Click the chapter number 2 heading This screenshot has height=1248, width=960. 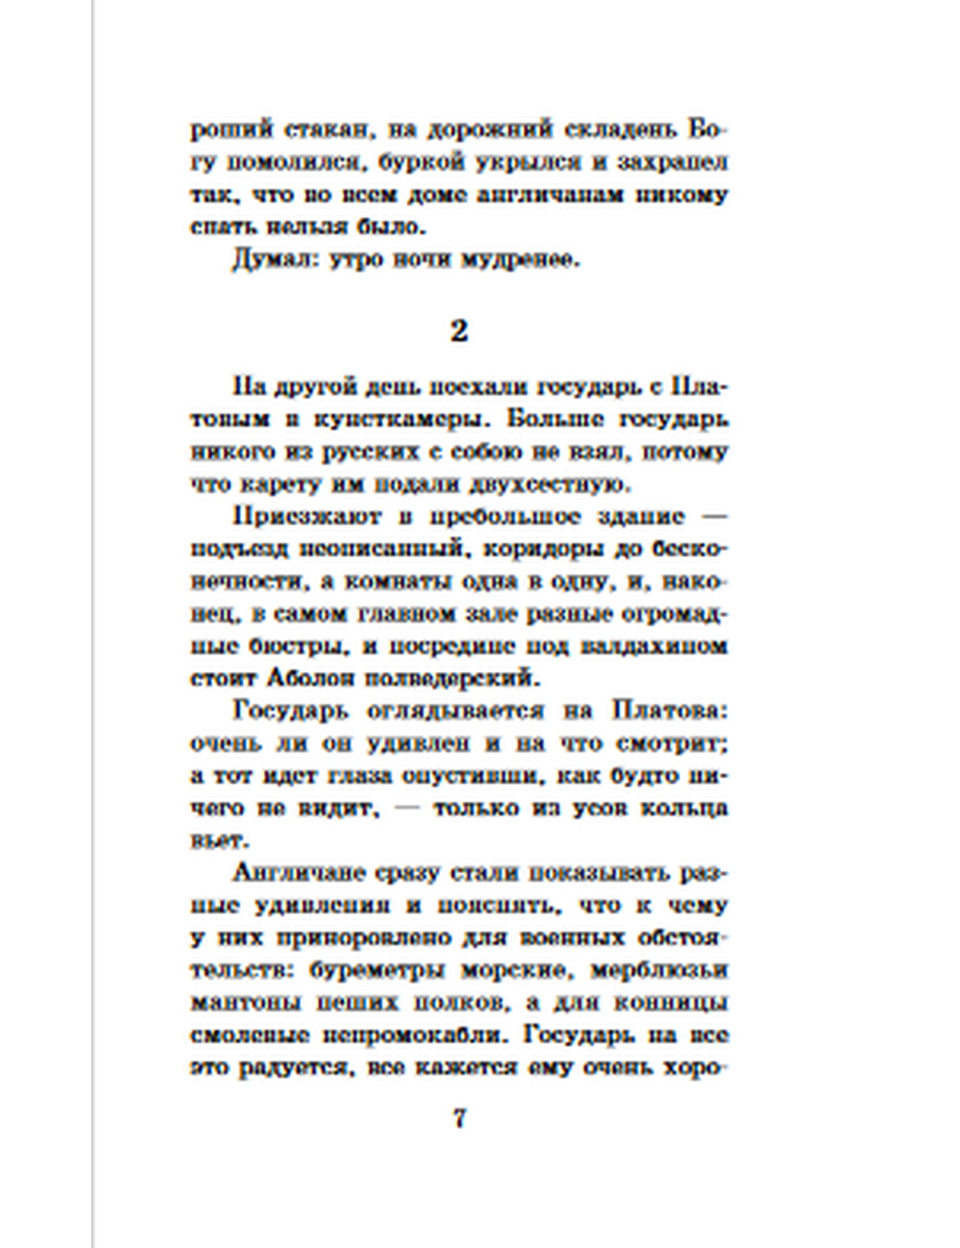point(459,330)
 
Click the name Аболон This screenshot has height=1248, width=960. point(296,679)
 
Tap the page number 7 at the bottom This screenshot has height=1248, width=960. point(459,1118)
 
